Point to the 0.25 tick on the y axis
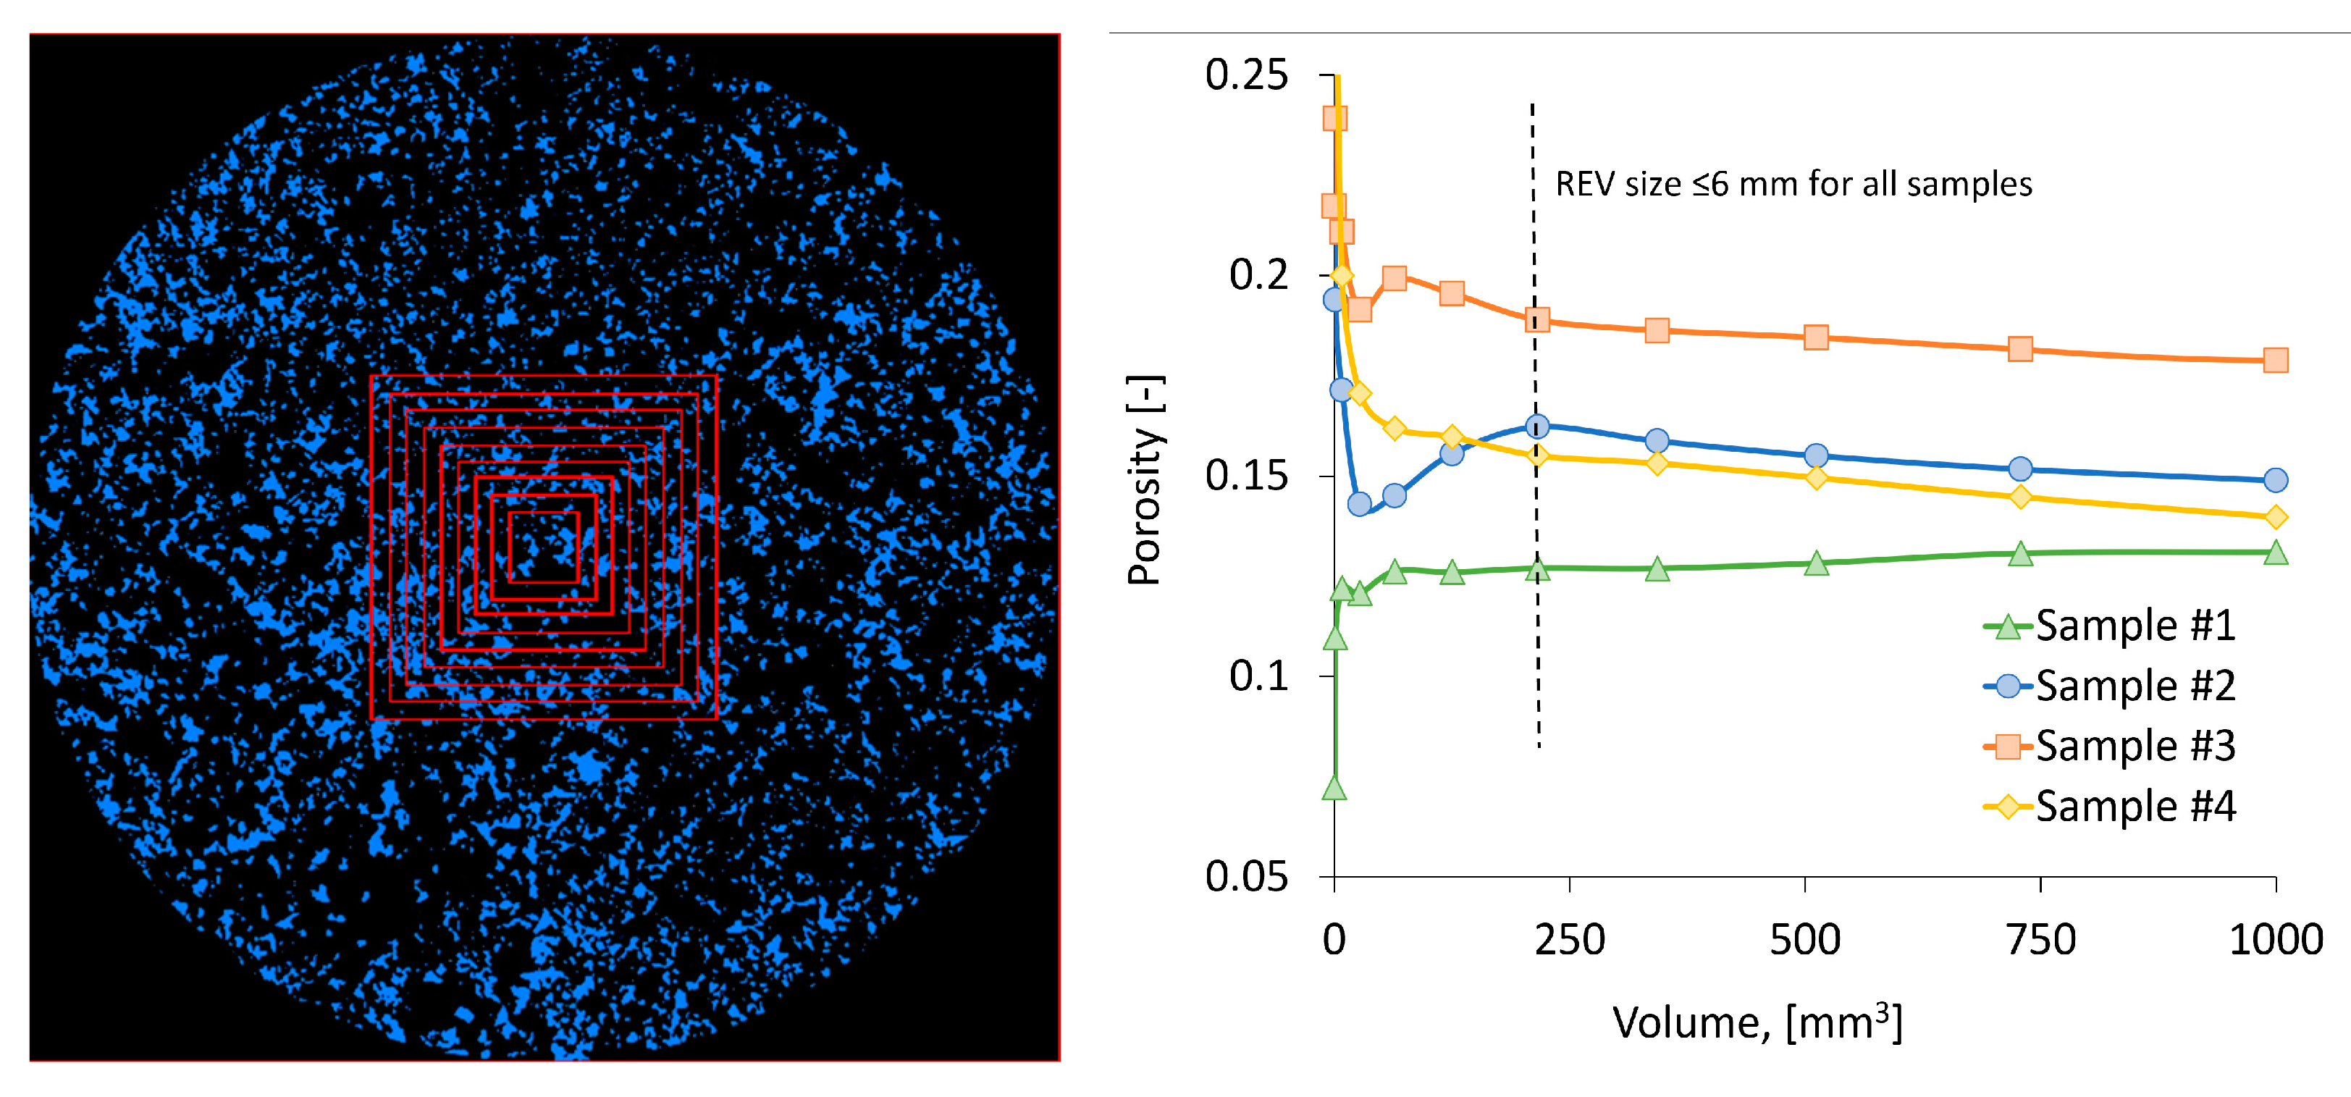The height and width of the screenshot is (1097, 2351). [x=1246, y=75]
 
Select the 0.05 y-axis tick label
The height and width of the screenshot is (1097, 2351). [x=1246, y=877]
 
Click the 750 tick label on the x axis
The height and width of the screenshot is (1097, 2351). [x=2040, y=940]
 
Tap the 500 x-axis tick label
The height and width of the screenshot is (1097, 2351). [x=1805, y=940]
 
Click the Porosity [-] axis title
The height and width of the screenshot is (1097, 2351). [x=1145, y=480]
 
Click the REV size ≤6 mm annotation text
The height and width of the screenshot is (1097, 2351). [x=1793, y=185]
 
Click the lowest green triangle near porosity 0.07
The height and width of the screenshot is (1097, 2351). [x=1334, y=789]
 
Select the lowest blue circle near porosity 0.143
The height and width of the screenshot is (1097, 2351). [x=1359, y=504]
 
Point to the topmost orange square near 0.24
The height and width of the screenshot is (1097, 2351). [x=1335, y=118]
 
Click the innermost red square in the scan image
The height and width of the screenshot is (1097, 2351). [x=544, y=547]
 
